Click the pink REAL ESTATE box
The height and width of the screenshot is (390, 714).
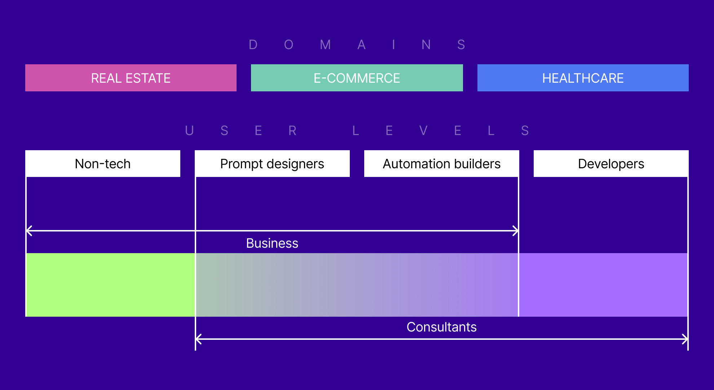pos(131,78)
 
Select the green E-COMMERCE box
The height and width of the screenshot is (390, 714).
pos(357,78)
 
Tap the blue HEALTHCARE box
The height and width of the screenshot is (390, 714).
pos(583,78)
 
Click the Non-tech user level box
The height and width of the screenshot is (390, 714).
pos(103,164)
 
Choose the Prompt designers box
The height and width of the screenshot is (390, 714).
pos(272,164)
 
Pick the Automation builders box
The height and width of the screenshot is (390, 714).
pos(441,164)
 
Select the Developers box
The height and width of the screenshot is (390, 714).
pos(611,164)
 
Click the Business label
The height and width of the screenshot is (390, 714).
pos(272,243)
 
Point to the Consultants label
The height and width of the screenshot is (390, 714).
pos(441,327)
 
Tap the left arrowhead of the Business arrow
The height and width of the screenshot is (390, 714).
pos(29,230)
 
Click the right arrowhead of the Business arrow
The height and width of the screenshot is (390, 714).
pos(516,230)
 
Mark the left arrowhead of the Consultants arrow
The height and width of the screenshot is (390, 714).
pos(198,339)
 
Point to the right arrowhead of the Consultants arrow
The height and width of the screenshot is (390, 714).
pos(685,339)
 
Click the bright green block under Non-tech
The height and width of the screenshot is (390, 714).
pos(110,285)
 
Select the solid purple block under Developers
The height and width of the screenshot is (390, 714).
pos(603,285)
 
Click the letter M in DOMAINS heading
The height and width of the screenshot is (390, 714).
pos(325,45)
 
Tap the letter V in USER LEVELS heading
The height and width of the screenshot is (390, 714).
pos(423,130)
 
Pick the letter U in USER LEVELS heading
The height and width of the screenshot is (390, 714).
pos(189,130)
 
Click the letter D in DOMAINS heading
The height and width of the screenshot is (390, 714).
pos(253,45)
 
